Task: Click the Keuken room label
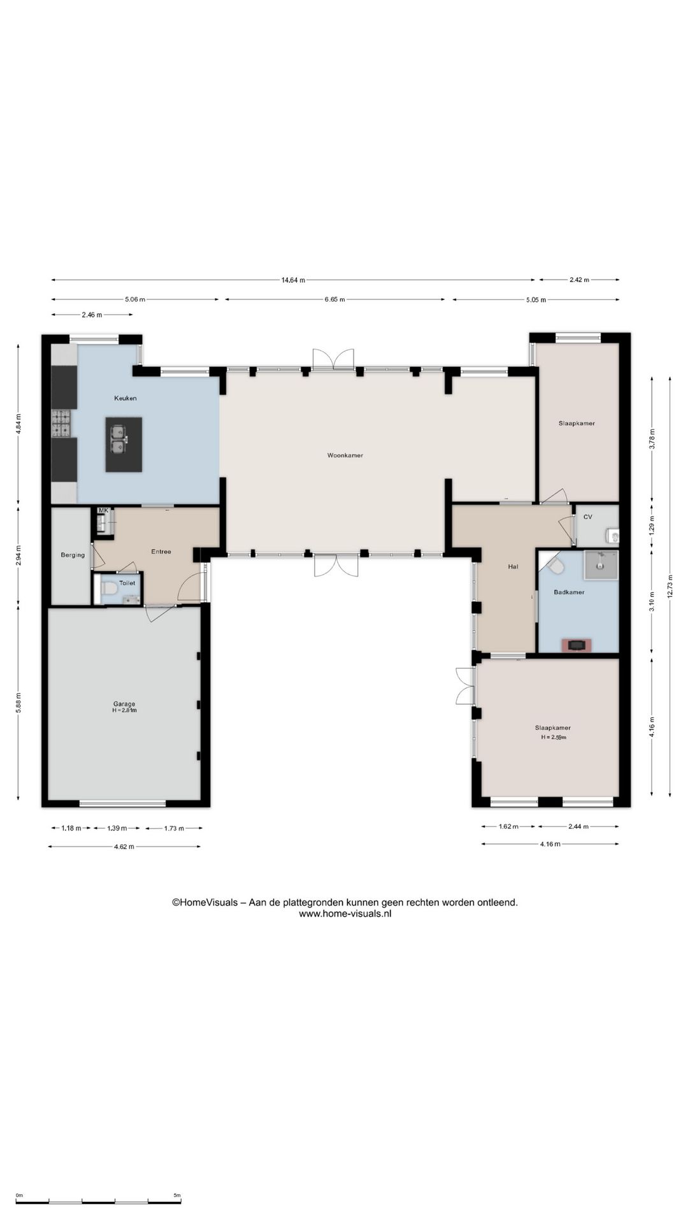click(125, 398)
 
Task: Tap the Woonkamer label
click(345, 455)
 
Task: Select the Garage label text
click(124, 704)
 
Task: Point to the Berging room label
click(73, 555)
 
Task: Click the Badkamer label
click(569, 592)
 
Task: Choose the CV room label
click(587, 517)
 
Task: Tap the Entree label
click(161, 552)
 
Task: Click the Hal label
click(513, 566)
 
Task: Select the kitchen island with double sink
click(124, 445)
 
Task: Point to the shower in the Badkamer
click(601, 565)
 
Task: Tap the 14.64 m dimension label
click(293, 280)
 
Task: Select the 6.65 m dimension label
click(334, 299)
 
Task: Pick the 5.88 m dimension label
click(18, 704)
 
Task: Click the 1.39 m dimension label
click(117, 828)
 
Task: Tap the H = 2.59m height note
click(554, 737)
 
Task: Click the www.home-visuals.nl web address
click(345, 913)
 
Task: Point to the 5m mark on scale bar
click(177, 1195)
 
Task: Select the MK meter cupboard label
click(103, 510)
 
